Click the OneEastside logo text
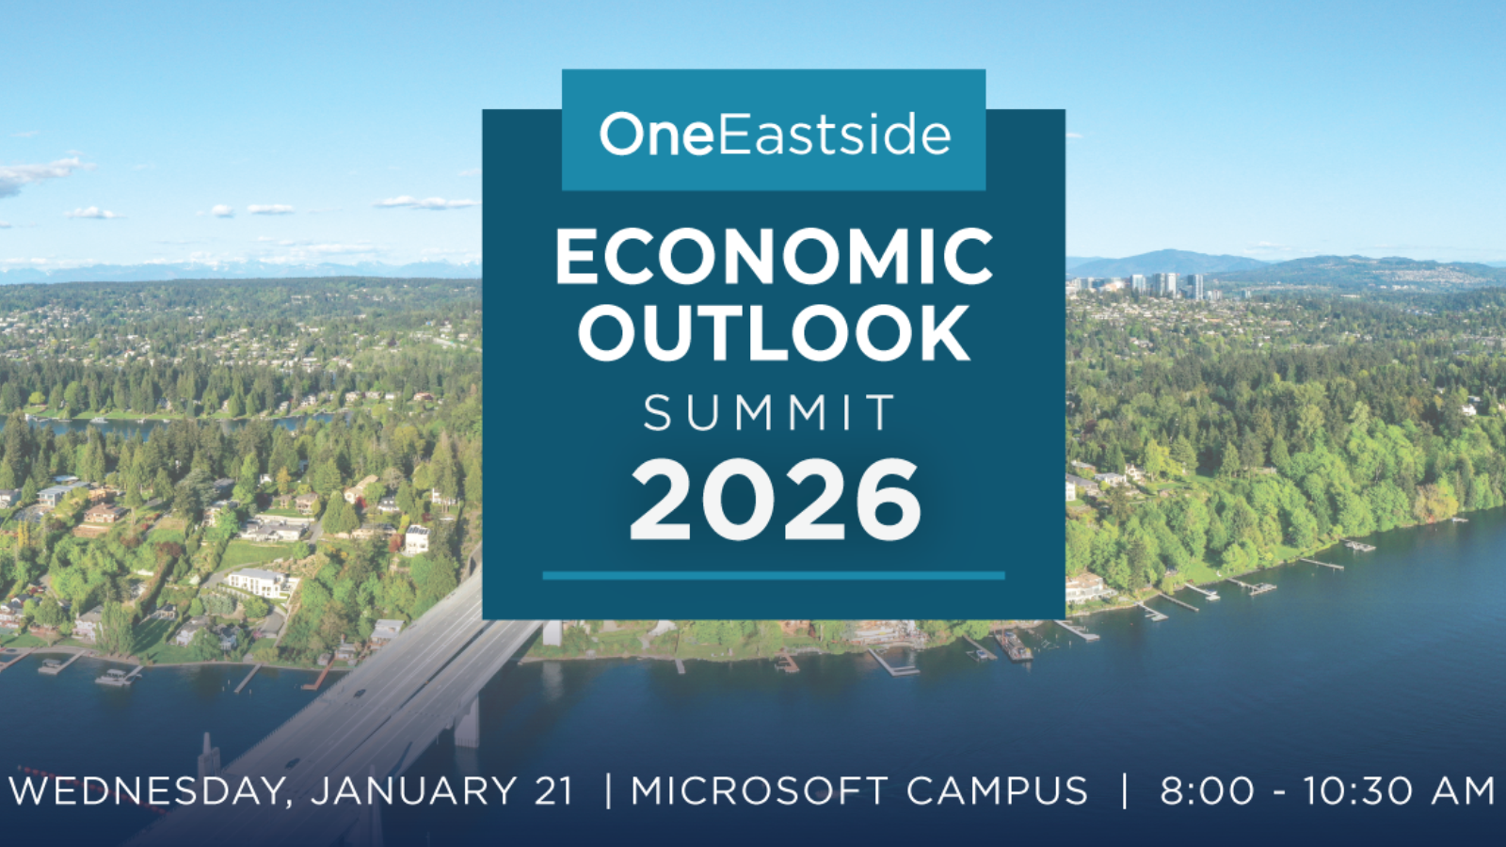(x=775, y=135)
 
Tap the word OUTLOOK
(x=775, y=333)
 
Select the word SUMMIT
(x=771, y=412)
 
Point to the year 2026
(x=775, y=500)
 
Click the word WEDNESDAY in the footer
(x=151, y=791)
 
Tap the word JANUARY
(x=413, y=791)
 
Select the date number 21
(x=553, y=791)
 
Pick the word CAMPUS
(x=997, y=791)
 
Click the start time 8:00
(x=1207, y=791)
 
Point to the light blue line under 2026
(x=774, y=575)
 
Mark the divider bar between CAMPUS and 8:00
(x=1125, y=791)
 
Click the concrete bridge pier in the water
(x=467, y=723)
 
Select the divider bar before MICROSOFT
(x=608, y=791)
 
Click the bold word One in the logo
(x=656, y=135)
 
